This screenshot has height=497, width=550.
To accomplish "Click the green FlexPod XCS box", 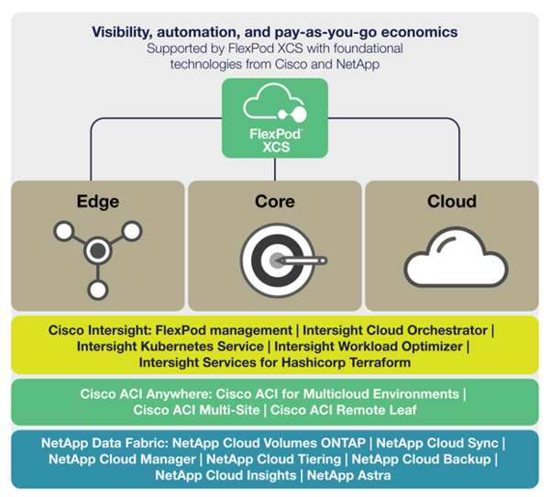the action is click(275, 118).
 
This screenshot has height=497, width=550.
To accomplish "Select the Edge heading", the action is click(98, 202).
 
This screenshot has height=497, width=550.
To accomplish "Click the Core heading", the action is click(275, 202).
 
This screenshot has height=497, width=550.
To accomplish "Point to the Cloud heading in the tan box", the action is click(452, 202).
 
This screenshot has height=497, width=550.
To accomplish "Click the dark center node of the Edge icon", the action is click(98, 250).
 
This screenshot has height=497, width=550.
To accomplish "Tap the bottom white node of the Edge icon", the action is click(98, 290).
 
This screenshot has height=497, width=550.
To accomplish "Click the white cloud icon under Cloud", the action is click(456, 258).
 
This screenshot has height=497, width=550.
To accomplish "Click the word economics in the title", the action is click(419, 32).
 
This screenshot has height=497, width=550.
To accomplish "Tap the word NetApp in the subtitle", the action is click(357, 64).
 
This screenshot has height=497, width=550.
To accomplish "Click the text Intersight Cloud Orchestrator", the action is click(395, 330).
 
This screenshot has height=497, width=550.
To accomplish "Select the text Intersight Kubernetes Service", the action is click(170, 347).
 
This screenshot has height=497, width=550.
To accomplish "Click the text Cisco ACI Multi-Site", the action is click(196, 410).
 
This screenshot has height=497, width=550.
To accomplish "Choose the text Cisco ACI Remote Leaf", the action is click(344, 410).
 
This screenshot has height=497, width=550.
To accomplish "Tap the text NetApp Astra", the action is click(348, 475).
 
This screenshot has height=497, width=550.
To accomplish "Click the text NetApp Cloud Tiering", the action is click(273, 459).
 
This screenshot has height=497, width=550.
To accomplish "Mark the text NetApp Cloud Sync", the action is click(437, 443).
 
